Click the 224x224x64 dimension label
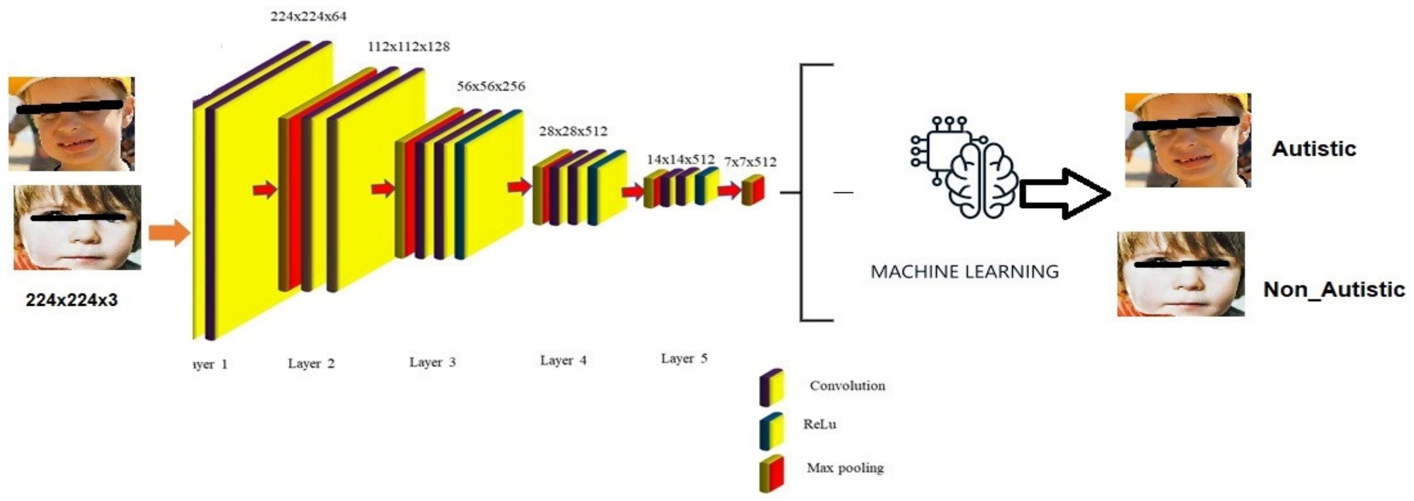tap(308, 16)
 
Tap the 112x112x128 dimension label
tap(408, 47)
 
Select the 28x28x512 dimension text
tap(573, 131)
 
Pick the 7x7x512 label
tap(750, 162)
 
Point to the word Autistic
tap(1314, 149)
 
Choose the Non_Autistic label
tap(1334, 289)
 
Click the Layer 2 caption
tap(311, 363)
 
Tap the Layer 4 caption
tap(563, 360)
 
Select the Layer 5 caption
tap(684, 358)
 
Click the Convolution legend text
tap(847, 386)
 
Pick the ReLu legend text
tap(820, 424)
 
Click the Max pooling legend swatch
tap(771, 473)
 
